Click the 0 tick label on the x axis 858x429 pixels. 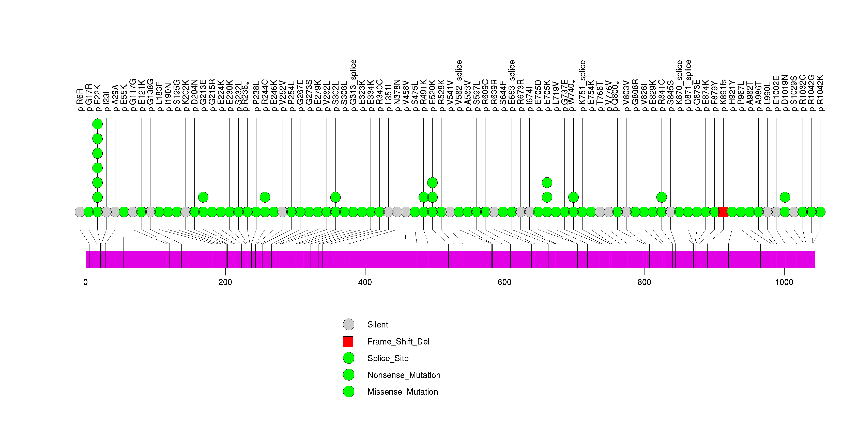tap(86, 282)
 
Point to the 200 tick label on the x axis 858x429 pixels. tap(225, 282)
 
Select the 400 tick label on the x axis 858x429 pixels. tap(365, 282)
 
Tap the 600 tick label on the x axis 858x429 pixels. tap(504, 282)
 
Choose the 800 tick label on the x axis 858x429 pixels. tap(644, 282)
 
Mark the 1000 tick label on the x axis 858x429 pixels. tap(784, 282)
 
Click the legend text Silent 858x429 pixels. tap(378, 325)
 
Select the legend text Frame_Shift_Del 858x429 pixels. tap(398, 341)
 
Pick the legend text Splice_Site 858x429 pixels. tap(388, 358)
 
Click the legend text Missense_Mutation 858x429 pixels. tap(403, 392)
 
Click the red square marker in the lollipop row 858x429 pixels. tap(723, 212)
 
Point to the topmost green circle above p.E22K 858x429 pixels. tap(97, 124)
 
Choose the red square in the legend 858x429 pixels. tap(348, 341)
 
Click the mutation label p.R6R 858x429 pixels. tap(80, 100)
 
